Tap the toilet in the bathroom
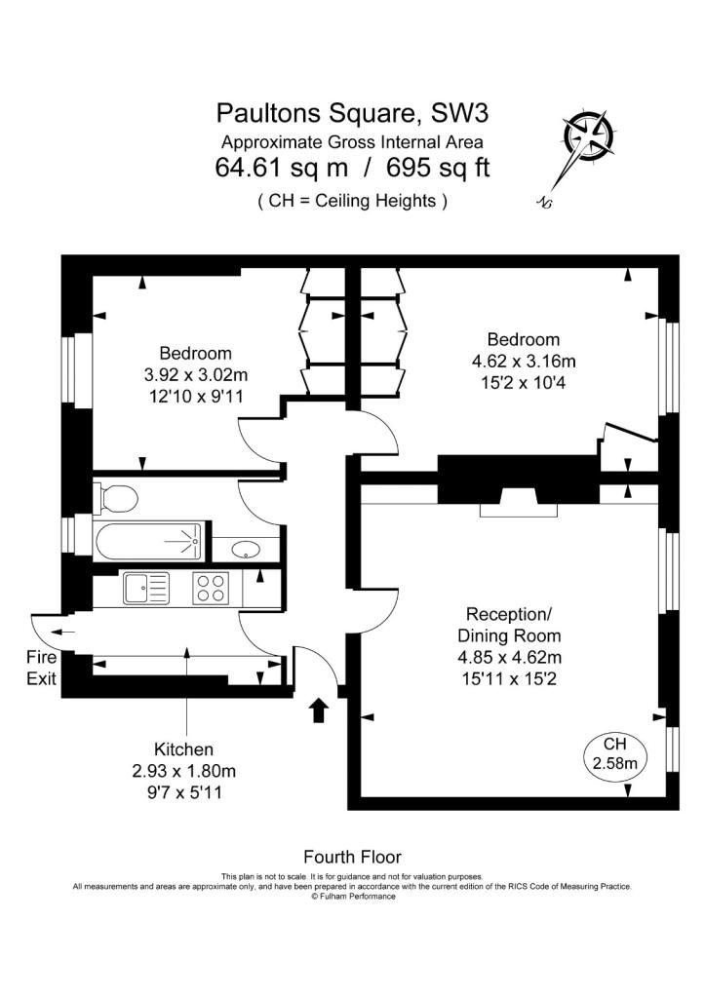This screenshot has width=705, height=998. pos(115,498)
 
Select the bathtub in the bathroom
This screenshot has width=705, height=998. pos(148,542)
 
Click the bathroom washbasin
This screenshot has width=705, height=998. pos(243,549)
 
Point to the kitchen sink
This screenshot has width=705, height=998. pos(146,588)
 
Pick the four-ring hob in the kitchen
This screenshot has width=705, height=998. pos(211,588)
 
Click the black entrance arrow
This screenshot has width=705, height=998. pos(319,710)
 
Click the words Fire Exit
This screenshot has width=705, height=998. pos(41,668)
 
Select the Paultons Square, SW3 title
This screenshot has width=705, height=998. pos(352,113)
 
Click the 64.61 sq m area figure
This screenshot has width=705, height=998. pos(282,168)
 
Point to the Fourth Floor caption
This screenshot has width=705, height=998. pos(352,857)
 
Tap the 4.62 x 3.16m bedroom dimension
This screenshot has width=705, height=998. pos(524,362)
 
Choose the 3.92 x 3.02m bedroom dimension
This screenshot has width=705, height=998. pos(196,375)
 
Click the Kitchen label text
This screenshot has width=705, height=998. pos(183,749)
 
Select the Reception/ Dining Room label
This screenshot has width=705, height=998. pos(509,625)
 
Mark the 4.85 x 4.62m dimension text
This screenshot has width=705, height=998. pos(509,657)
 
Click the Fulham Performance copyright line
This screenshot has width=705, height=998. pos(353,897)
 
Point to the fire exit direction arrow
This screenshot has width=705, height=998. pos(62,632)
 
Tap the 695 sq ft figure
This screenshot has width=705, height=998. pos(438,168)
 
